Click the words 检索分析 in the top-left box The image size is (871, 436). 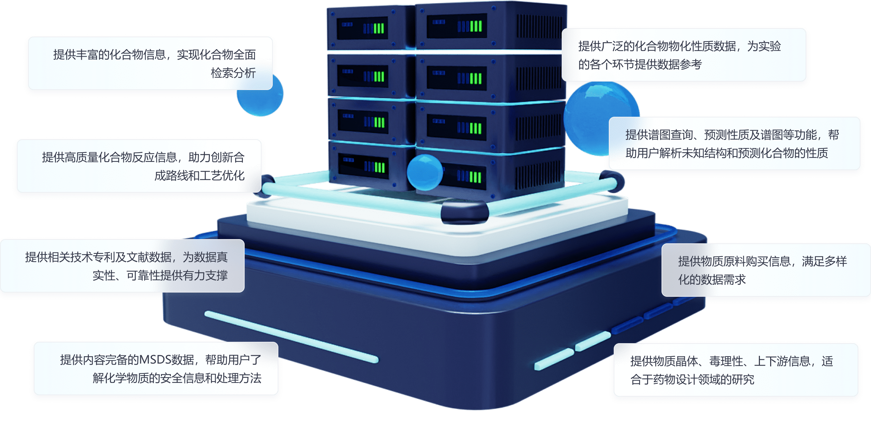[233, 73]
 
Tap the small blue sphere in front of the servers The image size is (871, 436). [424, 172]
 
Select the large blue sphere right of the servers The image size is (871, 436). [594, 116]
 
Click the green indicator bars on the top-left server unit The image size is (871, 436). [379, 28]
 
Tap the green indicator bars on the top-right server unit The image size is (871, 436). [476, 26]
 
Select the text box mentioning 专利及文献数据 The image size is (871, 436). [123, 266]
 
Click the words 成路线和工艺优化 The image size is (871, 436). [199, 175]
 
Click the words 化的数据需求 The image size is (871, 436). [712, 280]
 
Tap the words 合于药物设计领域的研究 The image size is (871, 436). [692, 379]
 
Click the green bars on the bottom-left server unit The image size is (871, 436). [379, 167]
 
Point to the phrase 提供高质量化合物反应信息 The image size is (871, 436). [109, 157]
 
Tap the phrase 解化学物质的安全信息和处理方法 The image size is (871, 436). [177, 378]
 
